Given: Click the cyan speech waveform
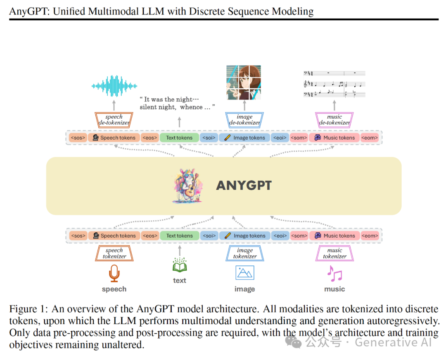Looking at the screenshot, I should pos(114,86).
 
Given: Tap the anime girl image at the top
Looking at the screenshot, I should pos(244,83).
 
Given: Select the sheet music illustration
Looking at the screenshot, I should pos(334,84).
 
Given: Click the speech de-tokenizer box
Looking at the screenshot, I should pos(114,119).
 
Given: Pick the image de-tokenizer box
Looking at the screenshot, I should pos(244,119).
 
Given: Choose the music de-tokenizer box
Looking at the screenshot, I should pos(334,119).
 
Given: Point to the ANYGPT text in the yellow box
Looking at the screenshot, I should pos(244,186).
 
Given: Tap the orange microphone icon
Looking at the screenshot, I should pos(114,273).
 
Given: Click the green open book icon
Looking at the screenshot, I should pos(180,265).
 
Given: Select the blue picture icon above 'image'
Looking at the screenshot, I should pos(244,273).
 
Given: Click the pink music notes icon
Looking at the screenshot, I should pos(334,273).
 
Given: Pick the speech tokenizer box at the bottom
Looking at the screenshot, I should pos(114,253).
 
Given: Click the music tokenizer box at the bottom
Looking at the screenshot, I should pos(334,253).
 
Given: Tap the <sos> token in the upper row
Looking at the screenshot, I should pos(78,138).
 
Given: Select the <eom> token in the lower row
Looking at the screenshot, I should pos(370,236).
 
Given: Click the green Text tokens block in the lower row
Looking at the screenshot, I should pos(179,236).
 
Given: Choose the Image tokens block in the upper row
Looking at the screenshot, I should pos(244,138).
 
